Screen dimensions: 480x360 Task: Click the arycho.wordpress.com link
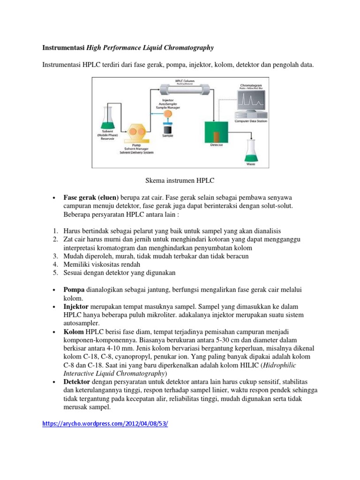click(105, 423)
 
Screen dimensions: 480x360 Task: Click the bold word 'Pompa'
click(74, 289)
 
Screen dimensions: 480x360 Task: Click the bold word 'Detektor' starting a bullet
click(77, 382)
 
